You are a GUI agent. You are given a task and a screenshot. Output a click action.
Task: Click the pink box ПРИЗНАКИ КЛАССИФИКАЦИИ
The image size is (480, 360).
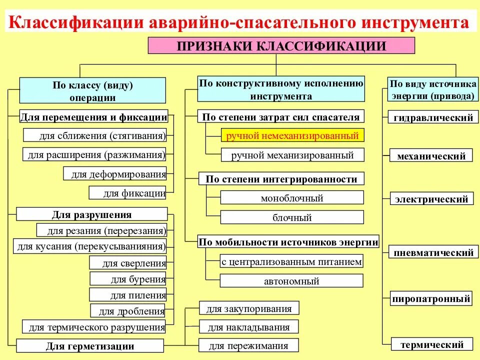(281, 45)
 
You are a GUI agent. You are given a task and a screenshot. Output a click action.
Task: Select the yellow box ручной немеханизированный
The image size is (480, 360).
(292, 135)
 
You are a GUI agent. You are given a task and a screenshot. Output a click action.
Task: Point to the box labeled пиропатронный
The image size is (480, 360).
(431, 299)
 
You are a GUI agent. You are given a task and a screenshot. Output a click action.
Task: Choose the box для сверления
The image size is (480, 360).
(128, 263)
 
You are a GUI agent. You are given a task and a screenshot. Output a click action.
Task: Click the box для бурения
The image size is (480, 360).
(128, 279)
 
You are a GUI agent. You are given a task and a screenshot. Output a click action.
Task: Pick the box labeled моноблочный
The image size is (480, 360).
(292, 198)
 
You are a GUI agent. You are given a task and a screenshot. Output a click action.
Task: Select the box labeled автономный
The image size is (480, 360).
(292, 281)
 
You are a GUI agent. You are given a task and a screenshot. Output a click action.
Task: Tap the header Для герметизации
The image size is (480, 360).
(90, 346)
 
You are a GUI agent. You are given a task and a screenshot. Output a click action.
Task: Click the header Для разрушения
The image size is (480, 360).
(92, 214)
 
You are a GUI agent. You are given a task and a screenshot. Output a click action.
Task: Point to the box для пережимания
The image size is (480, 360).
(249, 345)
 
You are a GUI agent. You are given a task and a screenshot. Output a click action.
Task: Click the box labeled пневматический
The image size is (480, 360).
(433, 253)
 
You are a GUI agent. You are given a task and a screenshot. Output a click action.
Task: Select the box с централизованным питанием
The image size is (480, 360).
(292, 261)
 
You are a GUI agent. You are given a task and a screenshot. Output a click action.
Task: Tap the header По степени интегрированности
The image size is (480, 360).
(281, 179)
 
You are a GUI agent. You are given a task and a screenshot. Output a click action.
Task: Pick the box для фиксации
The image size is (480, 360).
(128, 193)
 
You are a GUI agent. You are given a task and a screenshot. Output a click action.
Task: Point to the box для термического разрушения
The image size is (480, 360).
(94, 327)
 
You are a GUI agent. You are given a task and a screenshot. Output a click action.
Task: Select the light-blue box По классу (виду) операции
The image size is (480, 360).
(93, 91)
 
